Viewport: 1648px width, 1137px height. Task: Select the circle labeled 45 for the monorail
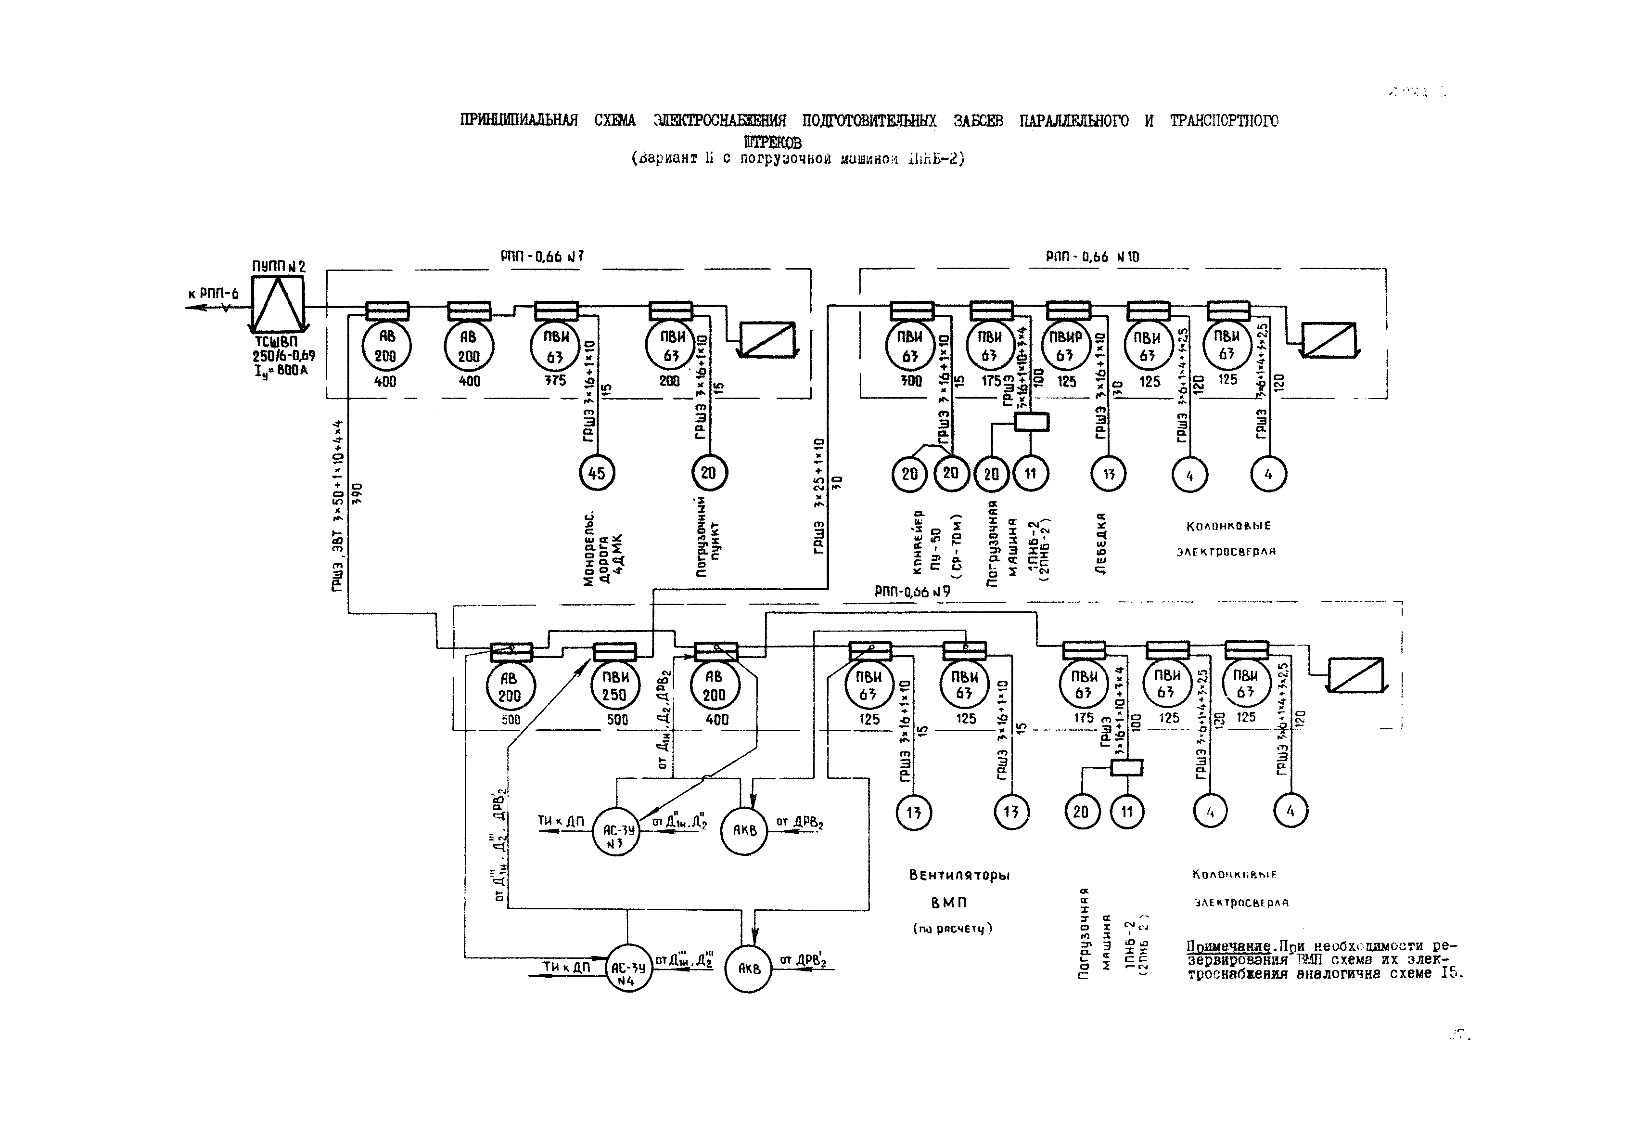point(596,472)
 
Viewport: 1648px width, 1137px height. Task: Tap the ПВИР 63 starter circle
point(1065,346)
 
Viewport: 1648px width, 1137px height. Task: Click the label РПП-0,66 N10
point(1092,257)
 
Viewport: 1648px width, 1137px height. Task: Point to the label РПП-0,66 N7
point(542,257)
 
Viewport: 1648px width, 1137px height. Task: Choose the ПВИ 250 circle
point(614,686)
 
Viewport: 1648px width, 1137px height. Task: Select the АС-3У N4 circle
point(629,969)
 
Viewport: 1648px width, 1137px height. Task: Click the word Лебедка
point(1101,543)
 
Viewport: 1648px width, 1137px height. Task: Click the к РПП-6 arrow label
point(214,294)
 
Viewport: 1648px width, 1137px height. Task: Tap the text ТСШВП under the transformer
point(276,343)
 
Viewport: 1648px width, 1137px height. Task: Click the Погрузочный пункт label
point(708,536)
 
